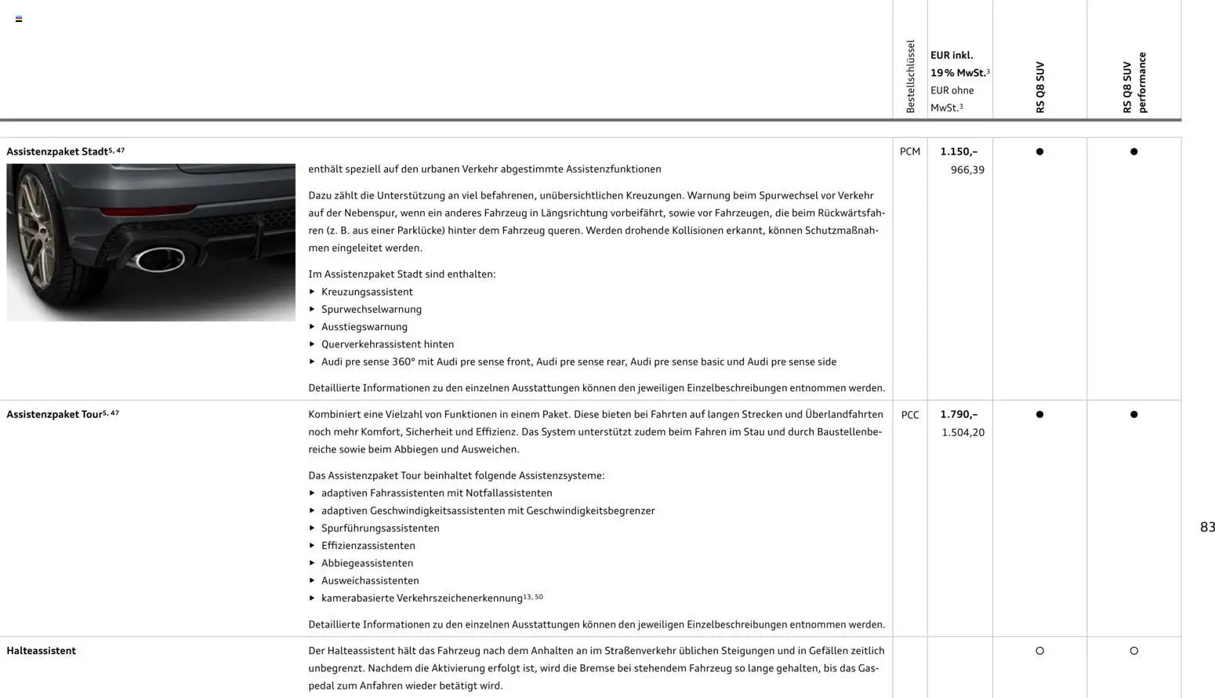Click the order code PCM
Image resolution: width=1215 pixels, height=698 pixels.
tap(909, 151)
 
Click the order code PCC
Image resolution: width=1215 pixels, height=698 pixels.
tap(909, 415)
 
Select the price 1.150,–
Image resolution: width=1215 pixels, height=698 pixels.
tap(959, 151)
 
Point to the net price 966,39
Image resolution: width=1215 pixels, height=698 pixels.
tap(967, 169)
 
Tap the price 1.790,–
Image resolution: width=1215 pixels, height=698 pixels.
tap(959, 414)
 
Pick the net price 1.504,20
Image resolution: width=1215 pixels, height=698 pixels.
tap(963, 432)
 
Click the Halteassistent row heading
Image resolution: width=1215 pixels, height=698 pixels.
tap(41, 651)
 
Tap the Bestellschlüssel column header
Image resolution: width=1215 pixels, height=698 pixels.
tap(910, 77)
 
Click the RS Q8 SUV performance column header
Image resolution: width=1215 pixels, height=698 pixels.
tap(1134, 82)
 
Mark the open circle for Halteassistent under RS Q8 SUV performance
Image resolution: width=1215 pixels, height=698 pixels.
tap(1133, 651)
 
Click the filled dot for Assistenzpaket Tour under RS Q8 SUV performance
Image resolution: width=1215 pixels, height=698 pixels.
tap(1133, 414)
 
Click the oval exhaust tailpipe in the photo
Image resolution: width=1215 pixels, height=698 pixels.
tap(160, 259)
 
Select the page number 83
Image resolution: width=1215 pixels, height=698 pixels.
tap(1207, 527)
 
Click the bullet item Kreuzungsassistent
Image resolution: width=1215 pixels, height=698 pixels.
tap(367, 292)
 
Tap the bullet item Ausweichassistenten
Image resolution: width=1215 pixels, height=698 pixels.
tap(370, 580)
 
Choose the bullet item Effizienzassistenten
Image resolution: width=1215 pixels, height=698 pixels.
tap(368, 546)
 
